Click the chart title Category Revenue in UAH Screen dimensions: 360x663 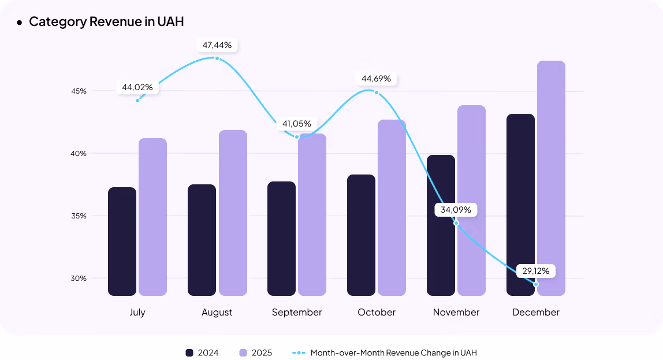tap(106, 22)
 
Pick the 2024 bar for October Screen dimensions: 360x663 tap(361, 235)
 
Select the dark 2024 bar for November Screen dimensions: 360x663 tap(441, 225)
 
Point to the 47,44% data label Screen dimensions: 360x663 tap(217, 45)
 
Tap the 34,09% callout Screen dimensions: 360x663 tap(456, 210)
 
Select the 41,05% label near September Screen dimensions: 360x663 tap(297, 124)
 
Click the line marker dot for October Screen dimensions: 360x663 tap(377, 92)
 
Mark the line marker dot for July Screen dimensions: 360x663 tap(137, 101)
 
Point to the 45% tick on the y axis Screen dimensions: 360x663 tap(79, 91)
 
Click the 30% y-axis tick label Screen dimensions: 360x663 tap(79, 278)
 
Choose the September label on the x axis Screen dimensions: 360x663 tap(297, 312)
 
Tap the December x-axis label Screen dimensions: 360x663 tap(536, 312)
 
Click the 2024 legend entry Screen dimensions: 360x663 tap(202, 352)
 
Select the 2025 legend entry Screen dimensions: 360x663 tap(255, 352)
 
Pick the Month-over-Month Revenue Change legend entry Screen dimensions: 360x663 tap(385, 352)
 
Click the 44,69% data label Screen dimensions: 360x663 tap(376, 79)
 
